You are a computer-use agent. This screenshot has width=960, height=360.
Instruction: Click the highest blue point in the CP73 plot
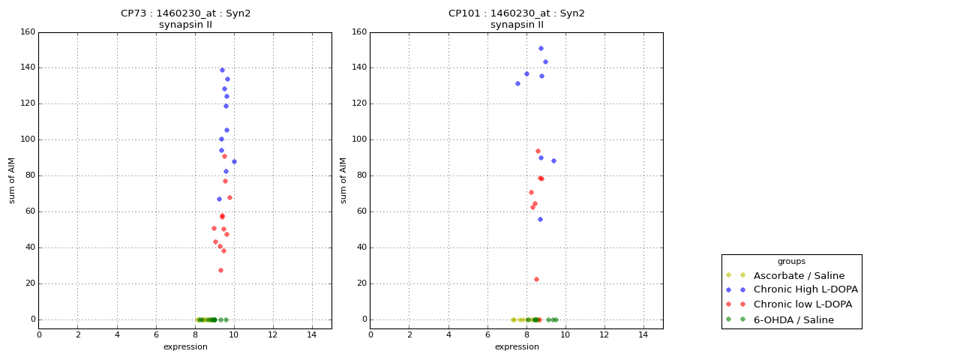[x=222, y=70]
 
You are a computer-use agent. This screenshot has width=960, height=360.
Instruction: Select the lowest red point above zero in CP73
[x=220, y=270]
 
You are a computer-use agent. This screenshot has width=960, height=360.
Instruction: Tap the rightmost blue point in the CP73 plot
[x=234, y=161]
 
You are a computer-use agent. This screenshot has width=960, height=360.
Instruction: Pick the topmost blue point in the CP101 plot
[x=541, y=48]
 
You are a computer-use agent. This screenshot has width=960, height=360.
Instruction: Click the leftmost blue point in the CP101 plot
[x=517, y=83]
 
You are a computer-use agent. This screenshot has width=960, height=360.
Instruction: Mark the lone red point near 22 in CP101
[x=536, y=279]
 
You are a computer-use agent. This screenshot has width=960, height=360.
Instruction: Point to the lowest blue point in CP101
[x=540, y=219]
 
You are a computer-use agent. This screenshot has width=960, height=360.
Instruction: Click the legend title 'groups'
[x=791, y=261]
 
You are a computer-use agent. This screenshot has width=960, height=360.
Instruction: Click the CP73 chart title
[x=185, y=19]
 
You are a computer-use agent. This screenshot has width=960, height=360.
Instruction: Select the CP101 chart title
[x=517, y=19]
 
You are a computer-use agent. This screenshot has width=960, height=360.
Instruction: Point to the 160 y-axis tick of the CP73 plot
[x=28, y=32]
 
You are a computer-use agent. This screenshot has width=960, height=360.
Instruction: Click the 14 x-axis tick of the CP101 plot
[x=643, y=334]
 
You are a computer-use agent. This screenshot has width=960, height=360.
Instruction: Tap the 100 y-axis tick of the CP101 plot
[x=359, y=139]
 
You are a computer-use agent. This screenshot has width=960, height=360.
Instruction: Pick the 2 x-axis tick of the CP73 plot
[x=78, y=334]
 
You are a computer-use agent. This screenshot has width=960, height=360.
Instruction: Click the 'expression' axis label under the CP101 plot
[x=517, y=346]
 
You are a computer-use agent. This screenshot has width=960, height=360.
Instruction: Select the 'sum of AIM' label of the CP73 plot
[x=12, y=180]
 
